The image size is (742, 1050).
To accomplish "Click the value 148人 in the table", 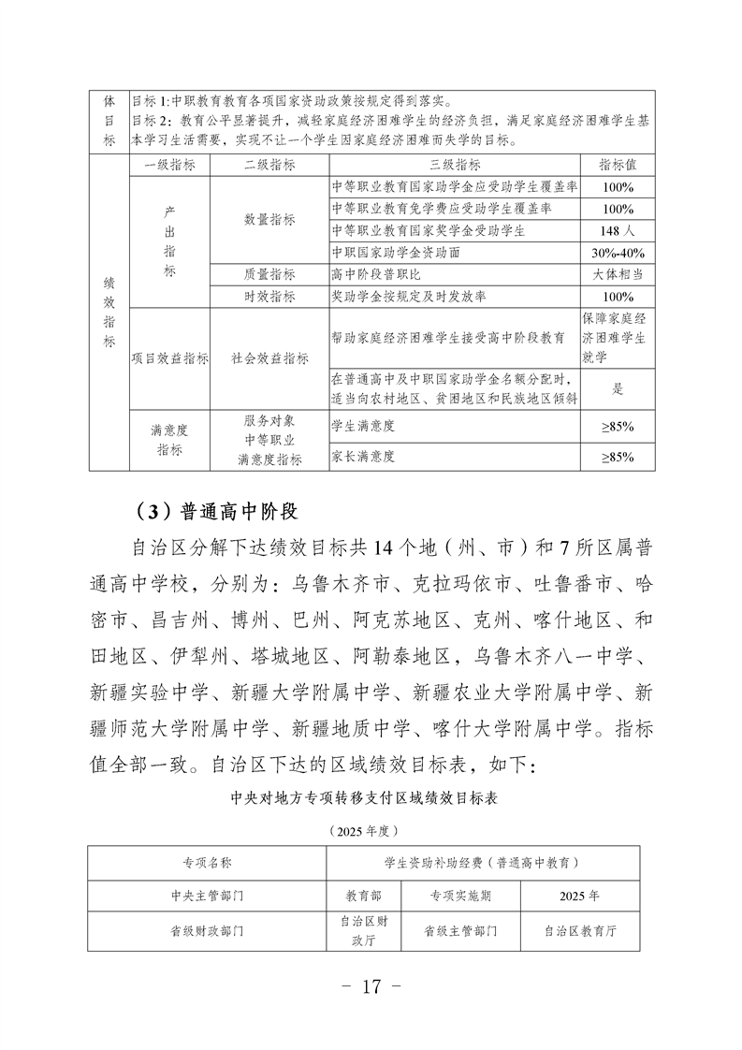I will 618,230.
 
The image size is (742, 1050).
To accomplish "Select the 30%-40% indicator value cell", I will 618,253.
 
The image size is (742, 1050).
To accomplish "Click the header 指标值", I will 618,164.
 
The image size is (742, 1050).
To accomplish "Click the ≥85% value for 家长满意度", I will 618,457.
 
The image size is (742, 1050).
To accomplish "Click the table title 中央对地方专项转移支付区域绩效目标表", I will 371,800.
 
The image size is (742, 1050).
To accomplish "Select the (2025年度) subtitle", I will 371,830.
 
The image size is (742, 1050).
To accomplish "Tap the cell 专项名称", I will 207,863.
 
